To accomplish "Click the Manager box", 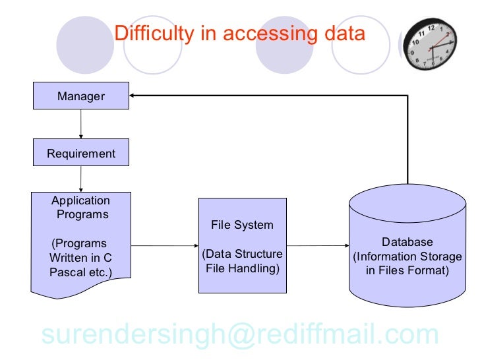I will (81, 96).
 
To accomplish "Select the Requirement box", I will (81, 154).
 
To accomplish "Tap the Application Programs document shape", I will (81, 241).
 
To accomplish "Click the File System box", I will (242, 245).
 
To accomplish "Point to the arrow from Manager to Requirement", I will (81, 124).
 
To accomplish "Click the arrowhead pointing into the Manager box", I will (133, 96).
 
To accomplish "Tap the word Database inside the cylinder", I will (407, 242).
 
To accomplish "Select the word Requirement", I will (81, 154).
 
